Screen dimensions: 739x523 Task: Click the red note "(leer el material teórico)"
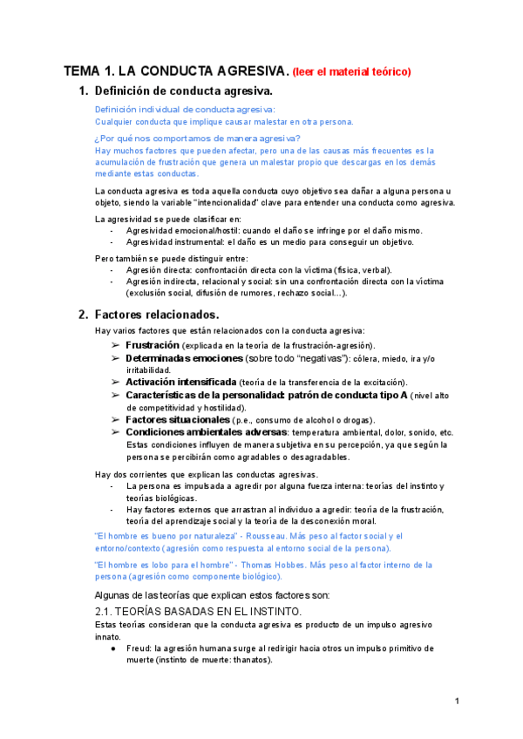[351, 71]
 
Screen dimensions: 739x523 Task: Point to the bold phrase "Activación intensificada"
[180, 382]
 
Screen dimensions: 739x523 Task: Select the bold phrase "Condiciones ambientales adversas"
[206, 431]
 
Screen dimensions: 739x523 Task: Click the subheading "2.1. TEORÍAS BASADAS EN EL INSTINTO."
[197, 612]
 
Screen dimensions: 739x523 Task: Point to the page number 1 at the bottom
[457, 702]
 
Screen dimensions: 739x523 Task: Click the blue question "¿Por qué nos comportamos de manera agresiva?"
[197, 139]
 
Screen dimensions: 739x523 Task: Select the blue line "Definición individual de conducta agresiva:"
[185, 109]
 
